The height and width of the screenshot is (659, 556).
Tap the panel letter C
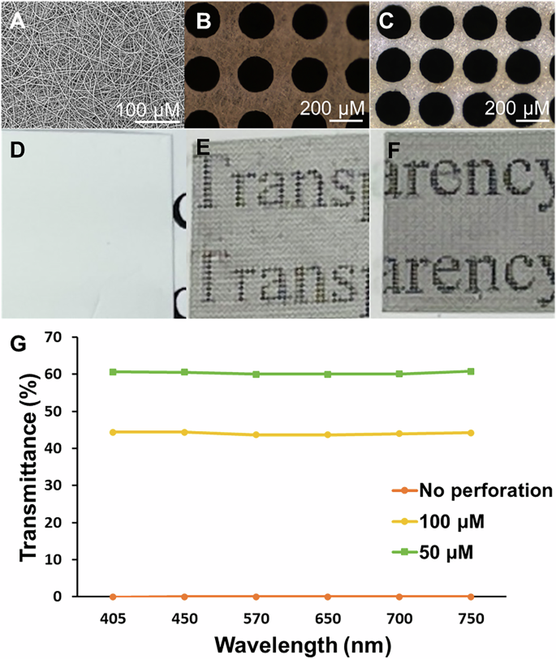tap(387, 21)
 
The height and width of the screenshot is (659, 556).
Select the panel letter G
tap(16, 344)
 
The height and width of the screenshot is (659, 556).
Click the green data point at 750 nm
tap(470, 371)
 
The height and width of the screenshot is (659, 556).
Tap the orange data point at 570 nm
tap(256, 596)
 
